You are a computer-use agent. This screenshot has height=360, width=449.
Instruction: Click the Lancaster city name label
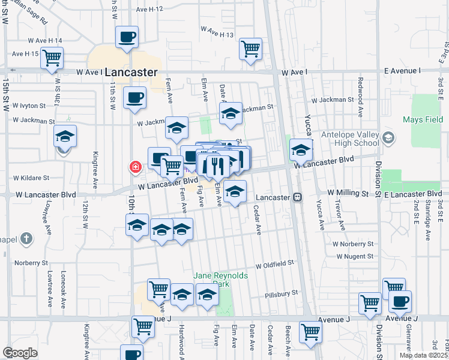coord(130,72)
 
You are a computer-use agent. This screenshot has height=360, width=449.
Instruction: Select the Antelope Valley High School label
coord(349,139)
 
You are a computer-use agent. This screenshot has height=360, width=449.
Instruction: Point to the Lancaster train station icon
coord(297,197)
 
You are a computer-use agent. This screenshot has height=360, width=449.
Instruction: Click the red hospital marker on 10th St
coord(136,167)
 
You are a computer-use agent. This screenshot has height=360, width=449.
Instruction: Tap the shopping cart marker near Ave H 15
coord(52,58)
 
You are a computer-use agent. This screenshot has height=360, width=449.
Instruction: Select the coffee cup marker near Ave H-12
coord(127,37)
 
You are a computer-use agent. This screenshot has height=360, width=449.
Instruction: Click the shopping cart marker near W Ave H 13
coord(250,49)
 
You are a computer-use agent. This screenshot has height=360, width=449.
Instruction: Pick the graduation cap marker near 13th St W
coord(65,136)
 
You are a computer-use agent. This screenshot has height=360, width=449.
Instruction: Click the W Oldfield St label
coord(274,263)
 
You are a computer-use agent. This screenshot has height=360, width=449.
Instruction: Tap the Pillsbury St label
coord(282,294)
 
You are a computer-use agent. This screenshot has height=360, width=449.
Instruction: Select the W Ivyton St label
coord(25,106)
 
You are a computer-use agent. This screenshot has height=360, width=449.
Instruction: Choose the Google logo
coord(20,353)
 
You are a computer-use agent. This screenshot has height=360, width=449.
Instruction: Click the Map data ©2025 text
coord(423,355)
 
